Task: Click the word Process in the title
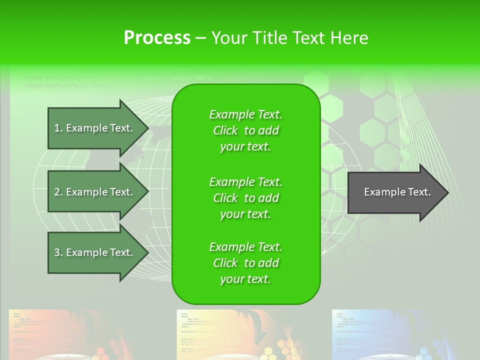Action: pyautogui.click(x=157, y=38)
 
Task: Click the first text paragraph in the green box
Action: pyautogui.click(x=245, y=130)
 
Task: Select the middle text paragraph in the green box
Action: pyautogui.click(x=245, y=198)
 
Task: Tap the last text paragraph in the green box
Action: pyautogui.click(x=245, y=263)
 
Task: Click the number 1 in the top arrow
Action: pyautogui.click(x=57, y=128)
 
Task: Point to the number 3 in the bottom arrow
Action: pyautogui.click(x=57, y=252)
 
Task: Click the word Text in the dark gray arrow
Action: pyautogui.click(x=419, y=192)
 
